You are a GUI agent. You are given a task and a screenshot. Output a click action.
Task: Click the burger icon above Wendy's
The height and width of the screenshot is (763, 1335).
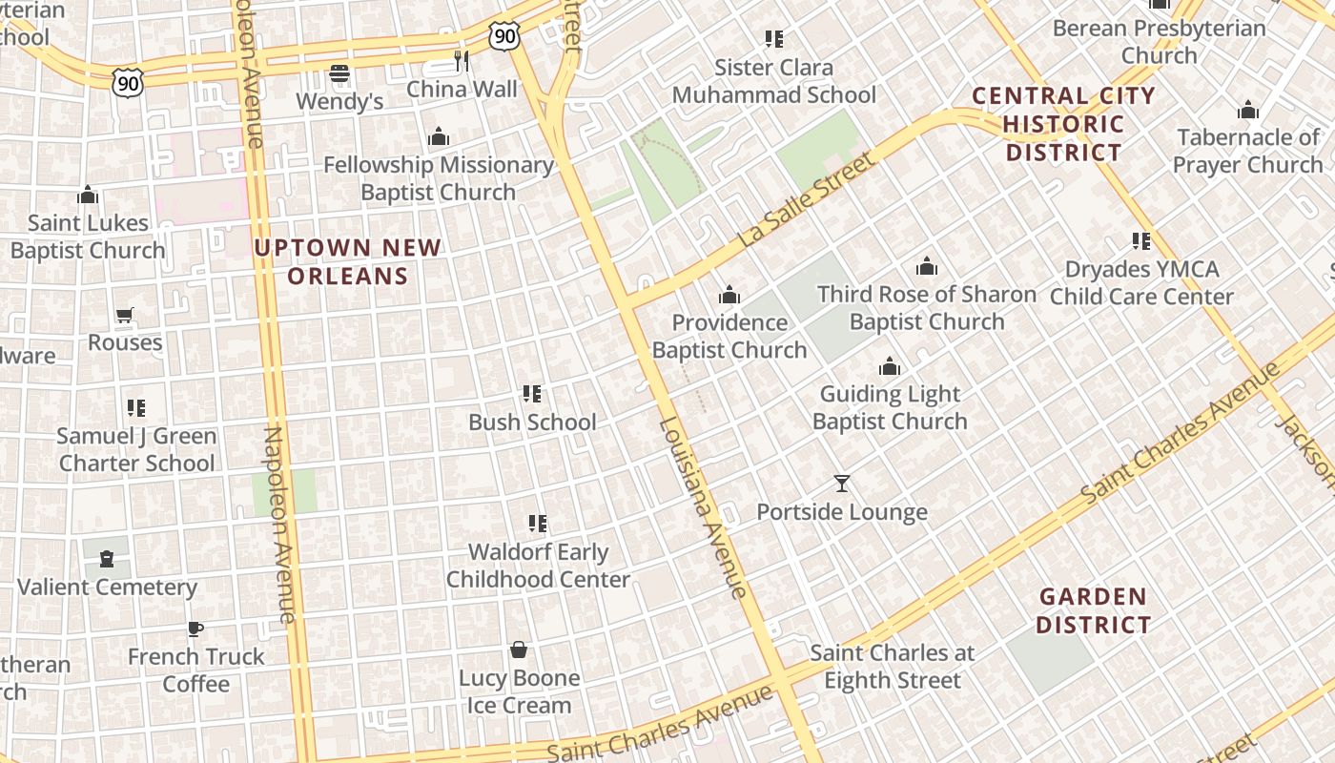339,73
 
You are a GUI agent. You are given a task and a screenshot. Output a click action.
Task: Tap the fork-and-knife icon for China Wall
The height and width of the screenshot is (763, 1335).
462,61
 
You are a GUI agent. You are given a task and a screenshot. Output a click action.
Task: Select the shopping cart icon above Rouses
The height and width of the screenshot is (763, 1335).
125,315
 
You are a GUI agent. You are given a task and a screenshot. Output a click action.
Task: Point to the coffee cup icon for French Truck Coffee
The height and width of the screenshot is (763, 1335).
195,629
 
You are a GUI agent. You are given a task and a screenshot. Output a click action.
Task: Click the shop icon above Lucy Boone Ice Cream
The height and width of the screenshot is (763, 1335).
519,650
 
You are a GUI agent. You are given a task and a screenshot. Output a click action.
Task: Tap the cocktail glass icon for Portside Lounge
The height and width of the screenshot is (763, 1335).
841,484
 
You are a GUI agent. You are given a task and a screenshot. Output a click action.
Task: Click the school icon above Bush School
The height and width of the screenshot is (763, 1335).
532,394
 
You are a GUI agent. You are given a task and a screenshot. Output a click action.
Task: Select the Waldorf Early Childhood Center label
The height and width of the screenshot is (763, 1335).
538,566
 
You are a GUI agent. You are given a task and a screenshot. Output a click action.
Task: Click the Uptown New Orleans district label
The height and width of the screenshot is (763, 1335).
348,262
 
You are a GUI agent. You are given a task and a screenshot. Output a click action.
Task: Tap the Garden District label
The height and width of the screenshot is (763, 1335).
1093,611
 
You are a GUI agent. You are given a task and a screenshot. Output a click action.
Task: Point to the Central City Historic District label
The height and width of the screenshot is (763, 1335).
1063,124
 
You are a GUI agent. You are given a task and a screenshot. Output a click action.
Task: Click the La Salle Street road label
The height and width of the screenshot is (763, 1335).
806,202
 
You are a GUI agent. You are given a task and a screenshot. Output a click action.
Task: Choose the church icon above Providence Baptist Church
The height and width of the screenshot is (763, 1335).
729,295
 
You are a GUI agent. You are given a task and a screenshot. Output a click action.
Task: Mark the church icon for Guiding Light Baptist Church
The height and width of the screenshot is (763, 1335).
890,366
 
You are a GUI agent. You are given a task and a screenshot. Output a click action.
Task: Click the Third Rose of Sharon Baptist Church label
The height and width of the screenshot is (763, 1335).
927,308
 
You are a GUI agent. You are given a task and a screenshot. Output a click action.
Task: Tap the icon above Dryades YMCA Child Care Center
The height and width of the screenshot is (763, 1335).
1141,241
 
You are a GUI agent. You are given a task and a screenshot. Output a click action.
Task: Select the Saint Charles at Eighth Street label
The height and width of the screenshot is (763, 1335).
893,667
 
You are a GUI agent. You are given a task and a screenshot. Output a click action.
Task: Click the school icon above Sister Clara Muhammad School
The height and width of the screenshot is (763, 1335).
774,39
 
